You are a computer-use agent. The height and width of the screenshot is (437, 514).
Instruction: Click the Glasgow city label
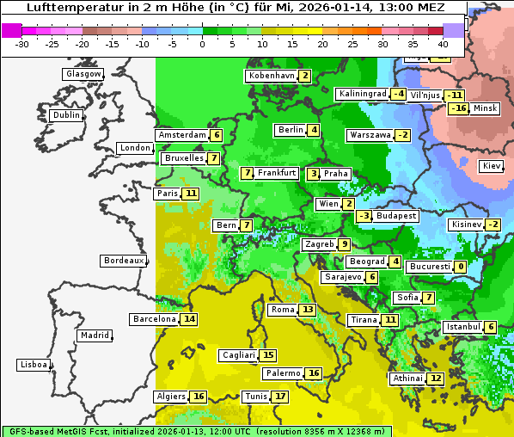coord(83,74)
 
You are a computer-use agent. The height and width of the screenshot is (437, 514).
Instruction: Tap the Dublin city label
coord(66,115)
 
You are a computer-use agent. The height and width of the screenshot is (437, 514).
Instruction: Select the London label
coord(135,148)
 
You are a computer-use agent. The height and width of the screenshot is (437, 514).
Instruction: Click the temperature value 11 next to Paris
coord(190,194)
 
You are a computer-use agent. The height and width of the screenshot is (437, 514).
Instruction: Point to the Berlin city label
coord(291,130)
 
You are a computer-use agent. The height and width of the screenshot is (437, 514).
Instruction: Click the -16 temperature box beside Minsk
coord(459,108)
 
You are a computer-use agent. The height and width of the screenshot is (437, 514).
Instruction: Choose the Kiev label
coord(492,166)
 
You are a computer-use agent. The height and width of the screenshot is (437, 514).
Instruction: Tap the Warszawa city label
coord(370,135)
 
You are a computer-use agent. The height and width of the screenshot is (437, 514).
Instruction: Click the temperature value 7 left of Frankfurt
coord(248,173)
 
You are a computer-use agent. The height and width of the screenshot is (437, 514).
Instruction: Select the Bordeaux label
coord(123,261)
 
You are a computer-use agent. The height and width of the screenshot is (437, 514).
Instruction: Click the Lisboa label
coord(34,365)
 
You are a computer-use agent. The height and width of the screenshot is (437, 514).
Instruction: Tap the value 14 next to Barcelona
coord(189,319)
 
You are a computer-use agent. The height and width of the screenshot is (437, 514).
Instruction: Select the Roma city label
coord(282,310)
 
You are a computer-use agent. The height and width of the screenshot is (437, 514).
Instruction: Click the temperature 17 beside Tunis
coord(280,397)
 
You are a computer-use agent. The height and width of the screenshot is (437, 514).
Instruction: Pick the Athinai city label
coord(407,379)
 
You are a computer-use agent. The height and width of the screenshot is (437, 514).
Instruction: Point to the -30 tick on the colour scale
coord(22,43)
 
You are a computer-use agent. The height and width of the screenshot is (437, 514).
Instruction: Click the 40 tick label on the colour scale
coord(443,43)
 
